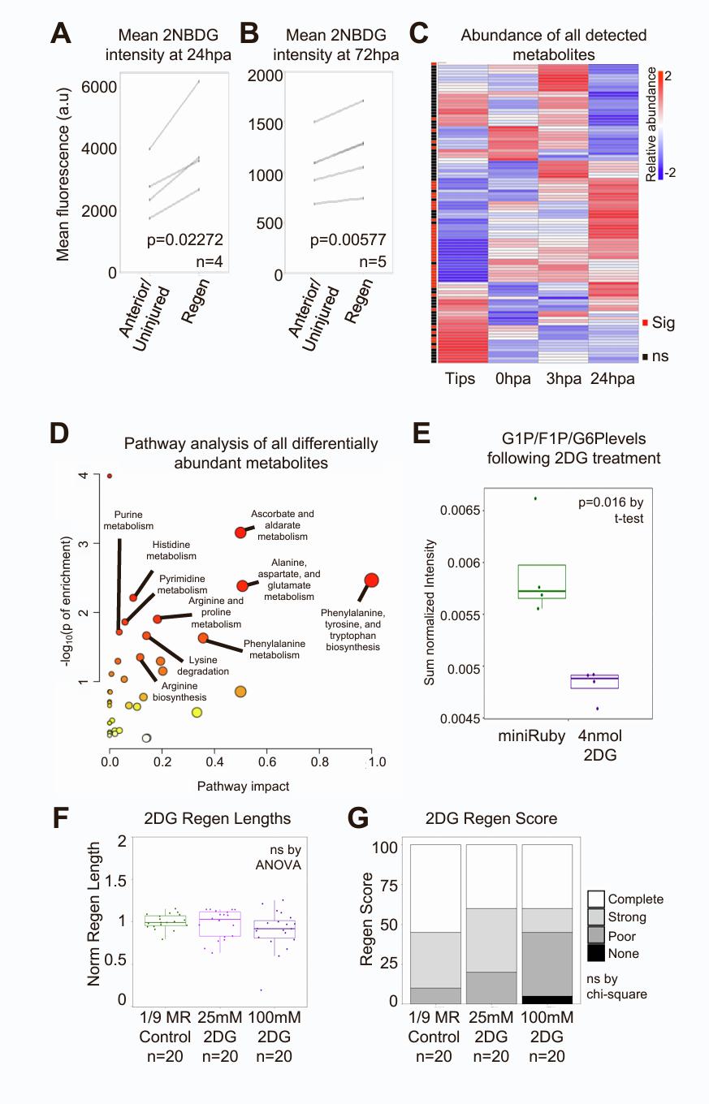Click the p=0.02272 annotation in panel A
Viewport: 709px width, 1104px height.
click(x=185, y=239)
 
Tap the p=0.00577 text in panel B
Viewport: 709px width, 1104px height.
click(x=353, y=239)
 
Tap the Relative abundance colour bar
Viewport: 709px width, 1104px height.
click(x=662, y=121)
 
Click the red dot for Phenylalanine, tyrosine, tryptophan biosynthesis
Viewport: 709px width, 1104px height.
click(x=371, y=580)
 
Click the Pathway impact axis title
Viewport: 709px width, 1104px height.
click(x=244, y=786)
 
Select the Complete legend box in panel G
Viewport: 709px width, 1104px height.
click(x=597, y=899)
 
